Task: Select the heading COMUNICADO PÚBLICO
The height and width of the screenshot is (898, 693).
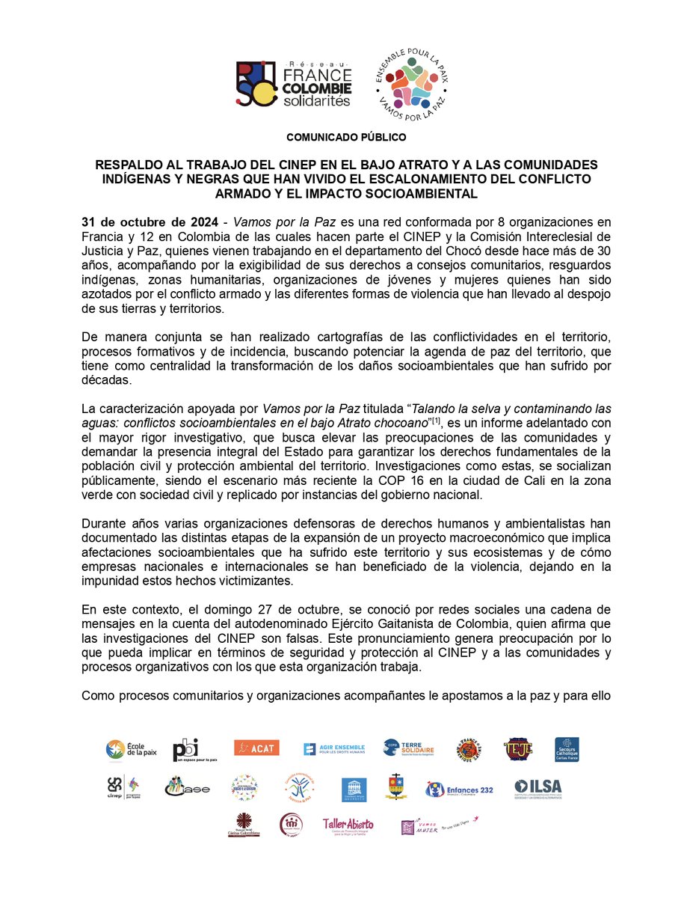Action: [x=346, y=138]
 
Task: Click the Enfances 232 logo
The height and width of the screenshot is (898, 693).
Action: [x=458, y=789]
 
